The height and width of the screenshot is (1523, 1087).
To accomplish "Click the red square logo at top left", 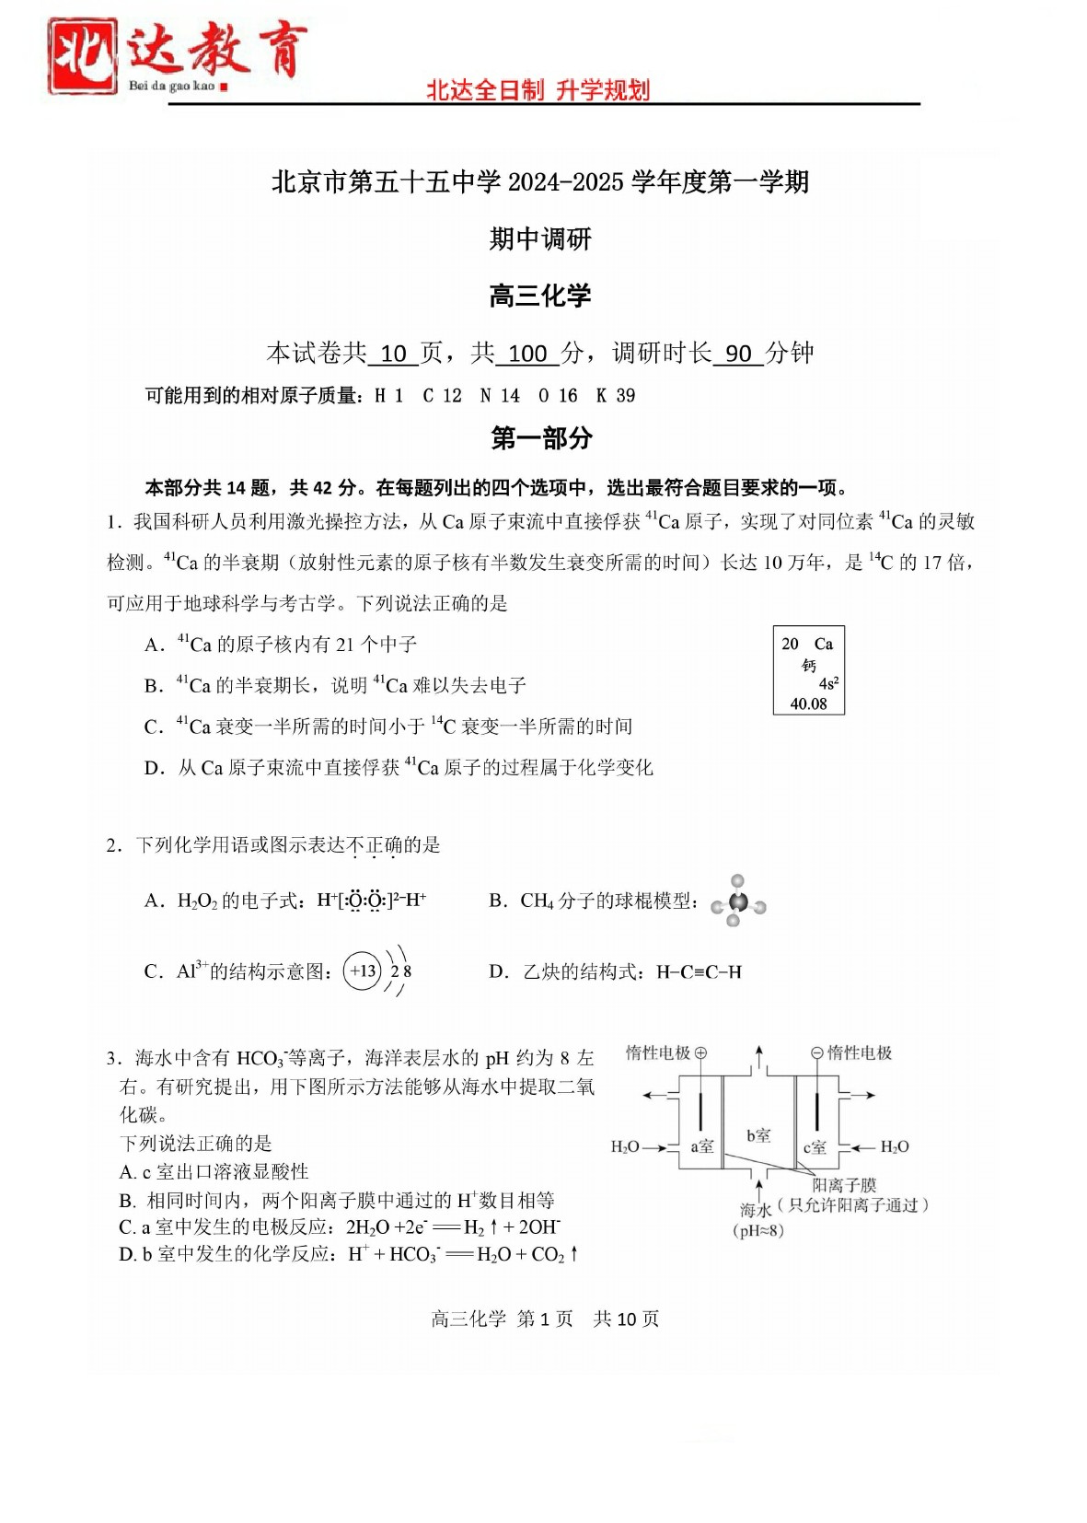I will (83, 55).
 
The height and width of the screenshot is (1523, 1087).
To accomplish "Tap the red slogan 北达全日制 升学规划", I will (538, 90).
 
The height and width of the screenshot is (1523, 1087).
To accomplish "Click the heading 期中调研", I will (540, 239).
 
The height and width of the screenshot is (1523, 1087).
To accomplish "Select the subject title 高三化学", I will (540, 296).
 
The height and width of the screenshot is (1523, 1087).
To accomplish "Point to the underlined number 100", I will (527, 354).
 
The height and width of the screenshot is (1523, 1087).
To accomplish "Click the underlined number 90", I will (738, 354).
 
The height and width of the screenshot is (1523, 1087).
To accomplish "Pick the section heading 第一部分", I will (541, 438).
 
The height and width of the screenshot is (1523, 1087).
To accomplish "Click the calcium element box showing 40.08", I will (809, 670).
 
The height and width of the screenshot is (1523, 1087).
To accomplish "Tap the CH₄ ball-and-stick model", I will (737, 901).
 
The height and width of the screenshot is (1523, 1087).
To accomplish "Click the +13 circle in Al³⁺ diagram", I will (363, 971).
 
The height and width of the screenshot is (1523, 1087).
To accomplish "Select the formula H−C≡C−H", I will (699, 972).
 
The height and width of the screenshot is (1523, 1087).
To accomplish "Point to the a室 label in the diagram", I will (702, 1146).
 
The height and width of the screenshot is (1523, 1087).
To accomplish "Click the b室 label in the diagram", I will (758, 1135).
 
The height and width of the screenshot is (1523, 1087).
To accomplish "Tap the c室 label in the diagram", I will (815, 1147).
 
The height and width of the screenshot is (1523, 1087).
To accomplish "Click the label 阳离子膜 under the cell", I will (844, 1185).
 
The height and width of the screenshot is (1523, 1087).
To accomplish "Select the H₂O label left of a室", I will (625, 1147).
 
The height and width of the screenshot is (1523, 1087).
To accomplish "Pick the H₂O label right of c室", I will (895, 1147).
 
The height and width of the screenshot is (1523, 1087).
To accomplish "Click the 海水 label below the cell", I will (756, 1209).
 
